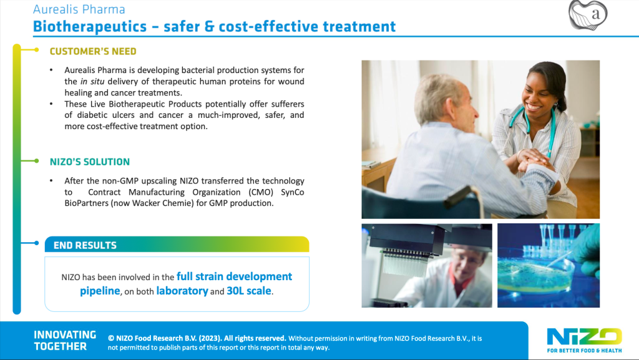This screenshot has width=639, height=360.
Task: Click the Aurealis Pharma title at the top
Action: [x=79, y=9]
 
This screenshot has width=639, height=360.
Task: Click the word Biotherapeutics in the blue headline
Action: [x=90, y=26]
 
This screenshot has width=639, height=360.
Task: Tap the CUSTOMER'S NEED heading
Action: [x=93, y=51]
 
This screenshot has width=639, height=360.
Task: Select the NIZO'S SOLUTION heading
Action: [x=90, y=162]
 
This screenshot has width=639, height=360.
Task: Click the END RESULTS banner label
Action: [x=85, y=245]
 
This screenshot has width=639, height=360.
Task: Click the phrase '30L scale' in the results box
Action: [x=249, y=291]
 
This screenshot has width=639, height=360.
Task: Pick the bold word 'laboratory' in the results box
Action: [x=182, y=291]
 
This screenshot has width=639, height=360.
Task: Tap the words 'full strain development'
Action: [x=235, y=276]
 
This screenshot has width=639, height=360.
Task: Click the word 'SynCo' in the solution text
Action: [x=292, y=192]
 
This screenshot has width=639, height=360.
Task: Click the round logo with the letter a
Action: [x=588, y=15]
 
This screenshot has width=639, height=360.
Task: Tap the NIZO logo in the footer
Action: [x=584, y=340]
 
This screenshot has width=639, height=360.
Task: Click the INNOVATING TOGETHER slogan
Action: [x=65, y=341]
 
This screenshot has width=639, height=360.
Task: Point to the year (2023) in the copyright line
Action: [x=210, y=338]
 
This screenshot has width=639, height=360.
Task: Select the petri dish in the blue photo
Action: [x=536, y=275]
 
